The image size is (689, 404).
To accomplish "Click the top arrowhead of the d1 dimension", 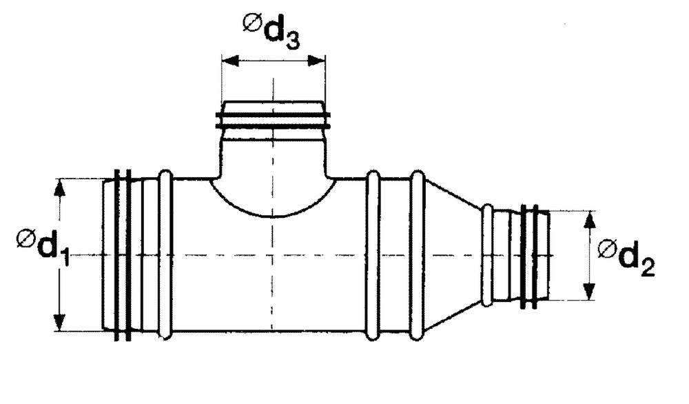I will pos(61,186).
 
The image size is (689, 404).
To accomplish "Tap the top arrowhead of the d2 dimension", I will pos(589,219).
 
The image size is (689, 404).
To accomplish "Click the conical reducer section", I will pos(451,255).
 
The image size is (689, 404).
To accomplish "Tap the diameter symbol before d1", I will pos(25,239).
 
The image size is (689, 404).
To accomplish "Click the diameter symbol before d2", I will pos(606,248).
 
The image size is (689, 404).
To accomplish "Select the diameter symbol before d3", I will pos(251,23).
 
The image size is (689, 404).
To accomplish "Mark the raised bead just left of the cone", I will pos(418,255).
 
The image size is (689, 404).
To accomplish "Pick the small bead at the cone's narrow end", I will pos(487,255).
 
